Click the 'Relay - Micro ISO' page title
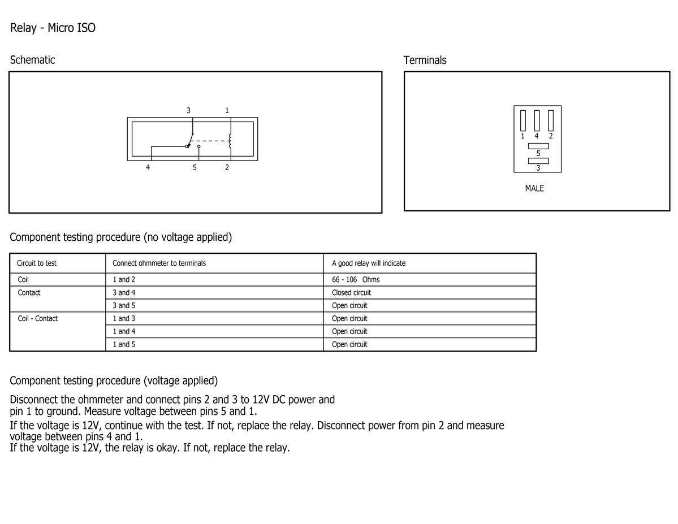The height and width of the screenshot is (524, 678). tap(53, 28)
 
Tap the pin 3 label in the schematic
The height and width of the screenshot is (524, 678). tap(188, 111)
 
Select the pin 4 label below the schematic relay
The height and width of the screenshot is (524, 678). tap(148, 167)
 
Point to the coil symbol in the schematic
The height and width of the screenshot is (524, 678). tap(230, 141)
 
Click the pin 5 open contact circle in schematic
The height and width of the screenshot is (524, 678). tap(199, 146)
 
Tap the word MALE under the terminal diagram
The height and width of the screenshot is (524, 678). tap(534, 188)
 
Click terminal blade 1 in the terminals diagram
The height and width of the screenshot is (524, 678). tap(523, 120)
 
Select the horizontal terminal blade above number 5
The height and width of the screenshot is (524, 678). tap(538, 146)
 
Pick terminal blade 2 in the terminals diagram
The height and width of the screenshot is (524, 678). tap(551, 120)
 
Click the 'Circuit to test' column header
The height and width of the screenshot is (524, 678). tap(37, 263)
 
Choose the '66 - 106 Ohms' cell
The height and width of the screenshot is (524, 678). tap(356, 280)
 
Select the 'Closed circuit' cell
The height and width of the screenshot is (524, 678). tap(352, 293)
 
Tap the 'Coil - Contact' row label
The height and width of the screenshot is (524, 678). tap(38, 319)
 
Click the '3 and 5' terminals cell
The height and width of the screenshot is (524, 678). tap(124, 306)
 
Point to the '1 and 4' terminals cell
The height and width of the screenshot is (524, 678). tap(124, 332)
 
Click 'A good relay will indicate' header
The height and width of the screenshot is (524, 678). tap(369, 263)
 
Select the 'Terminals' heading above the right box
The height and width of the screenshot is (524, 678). tap(425, 60)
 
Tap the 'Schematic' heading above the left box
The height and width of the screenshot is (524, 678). tap(32, 60)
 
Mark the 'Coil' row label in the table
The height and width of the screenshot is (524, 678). tap(23, 280)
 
